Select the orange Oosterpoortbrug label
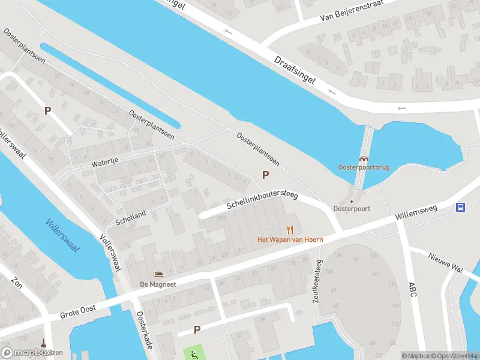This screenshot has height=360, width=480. [x=364, y=167]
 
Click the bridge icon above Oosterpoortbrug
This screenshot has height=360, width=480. [x=364, y=159]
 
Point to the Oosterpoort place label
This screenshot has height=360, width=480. [x=352, y=209]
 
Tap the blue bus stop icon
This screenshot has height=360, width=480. [x=460, y=207]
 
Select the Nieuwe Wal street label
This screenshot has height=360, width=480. [x=446, y=262]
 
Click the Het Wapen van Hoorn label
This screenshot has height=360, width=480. [x=290, y=239]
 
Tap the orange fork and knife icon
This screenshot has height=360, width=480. [x=290, y=229]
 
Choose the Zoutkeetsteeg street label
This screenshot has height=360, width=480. [x=318, y=281]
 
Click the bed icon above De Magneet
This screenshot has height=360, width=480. [x=158, y=274]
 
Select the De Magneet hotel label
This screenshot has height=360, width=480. [x=158, y=284]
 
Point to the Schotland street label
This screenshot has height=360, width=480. [x=130, y=214]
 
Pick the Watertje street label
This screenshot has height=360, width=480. [x=103, y=163]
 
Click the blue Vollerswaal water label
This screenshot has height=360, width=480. [x=63, y=235]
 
